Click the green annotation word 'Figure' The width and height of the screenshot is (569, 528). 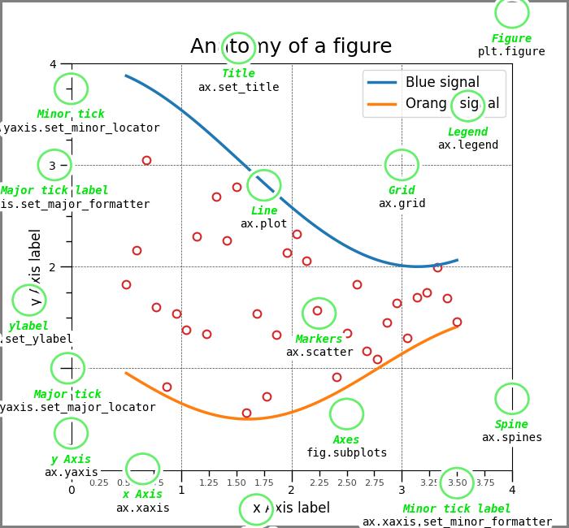click(x=511, y=38)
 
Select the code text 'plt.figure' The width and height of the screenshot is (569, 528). click(x=511, y=51)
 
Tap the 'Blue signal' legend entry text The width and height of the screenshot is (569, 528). click(x=442, y=82)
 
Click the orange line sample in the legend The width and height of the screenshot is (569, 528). click(x=381, y=104)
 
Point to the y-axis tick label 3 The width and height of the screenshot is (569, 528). click(x=53, y=165)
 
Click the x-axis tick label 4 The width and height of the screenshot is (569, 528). click(x=512, y=490)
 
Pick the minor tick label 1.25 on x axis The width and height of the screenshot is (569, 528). click(x=208, y=483)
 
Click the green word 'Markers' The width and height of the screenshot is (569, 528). click(x=319, y=339)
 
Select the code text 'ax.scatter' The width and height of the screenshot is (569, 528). click(x=319, y=352)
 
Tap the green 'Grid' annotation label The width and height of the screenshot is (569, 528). click(x=402, y=190)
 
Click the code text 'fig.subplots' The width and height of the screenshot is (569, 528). click(x=346, y=452)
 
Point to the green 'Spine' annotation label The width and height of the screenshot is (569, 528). click(x=511, y=424)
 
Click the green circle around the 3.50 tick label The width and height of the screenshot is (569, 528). click(x=457, y=483)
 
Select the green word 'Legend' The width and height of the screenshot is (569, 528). click(x=467, y=132)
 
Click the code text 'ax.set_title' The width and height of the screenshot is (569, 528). click(x=238, y=87)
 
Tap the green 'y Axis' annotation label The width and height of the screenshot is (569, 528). click(x=71, y=459)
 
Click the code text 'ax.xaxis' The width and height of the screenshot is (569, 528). click(x=142, y=508)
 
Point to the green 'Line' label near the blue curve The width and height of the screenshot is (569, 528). click(x=263, y=210)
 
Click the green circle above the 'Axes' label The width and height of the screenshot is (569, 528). click(x=346, y=413)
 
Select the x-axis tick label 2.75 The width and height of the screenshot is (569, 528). click(x=374, y=483)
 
